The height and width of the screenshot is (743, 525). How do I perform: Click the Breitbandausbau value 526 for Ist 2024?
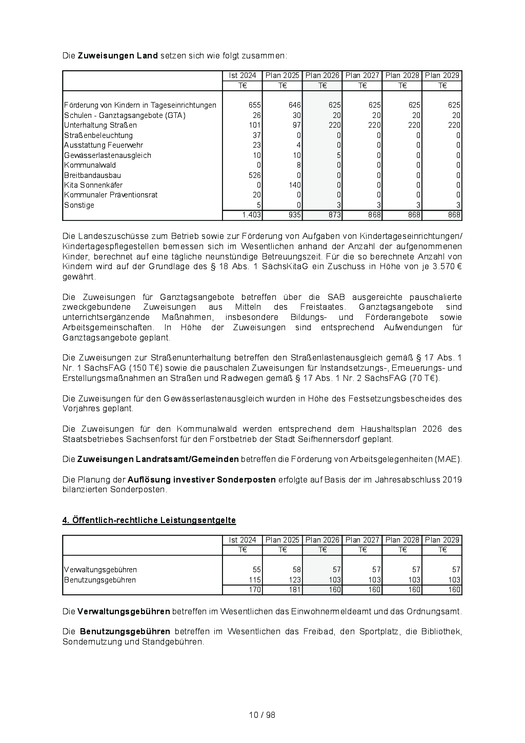(255, 175)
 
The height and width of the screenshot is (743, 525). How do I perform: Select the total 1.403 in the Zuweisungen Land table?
(252, 215)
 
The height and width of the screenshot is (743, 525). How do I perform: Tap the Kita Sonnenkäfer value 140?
(294, 185)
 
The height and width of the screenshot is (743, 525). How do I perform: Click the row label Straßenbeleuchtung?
(98, 135)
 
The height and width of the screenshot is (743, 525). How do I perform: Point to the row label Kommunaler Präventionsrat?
(111, 195)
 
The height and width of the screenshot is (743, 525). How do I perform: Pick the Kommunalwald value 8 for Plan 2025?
(298, 165)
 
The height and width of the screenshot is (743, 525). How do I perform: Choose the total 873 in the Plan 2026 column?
(335, 215)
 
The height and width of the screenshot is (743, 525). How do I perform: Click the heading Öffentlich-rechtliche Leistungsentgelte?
(149, 520)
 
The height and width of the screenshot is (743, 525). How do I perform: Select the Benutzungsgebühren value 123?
(294, 580)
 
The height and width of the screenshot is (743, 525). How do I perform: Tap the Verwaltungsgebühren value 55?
(257, 570)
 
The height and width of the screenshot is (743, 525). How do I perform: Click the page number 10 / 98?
(262, 715)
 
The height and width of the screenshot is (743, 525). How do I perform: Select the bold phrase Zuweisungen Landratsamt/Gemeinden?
(158, 459)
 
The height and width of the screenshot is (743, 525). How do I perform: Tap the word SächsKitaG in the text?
(282, 267)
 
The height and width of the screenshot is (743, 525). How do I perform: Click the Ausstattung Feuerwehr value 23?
(257, 145)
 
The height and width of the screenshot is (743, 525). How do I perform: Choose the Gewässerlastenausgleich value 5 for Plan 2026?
(338, 155)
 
